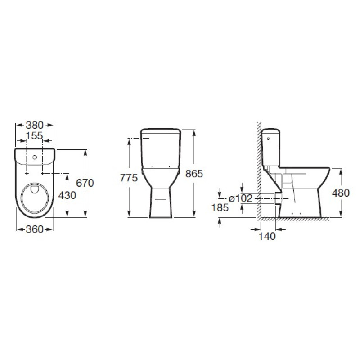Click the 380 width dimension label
click(35, 125)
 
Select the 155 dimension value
click(34, 136)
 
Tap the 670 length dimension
click(85, 183)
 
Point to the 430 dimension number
click(67, 195)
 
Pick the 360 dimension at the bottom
click(35, 229)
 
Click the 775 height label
click(129, 178)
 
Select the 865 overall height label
click(194, 174)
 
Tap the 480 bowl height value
click(341, 193)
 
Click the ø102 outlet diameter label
click(241, 198)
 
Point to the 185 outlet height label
click(220, 207)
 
